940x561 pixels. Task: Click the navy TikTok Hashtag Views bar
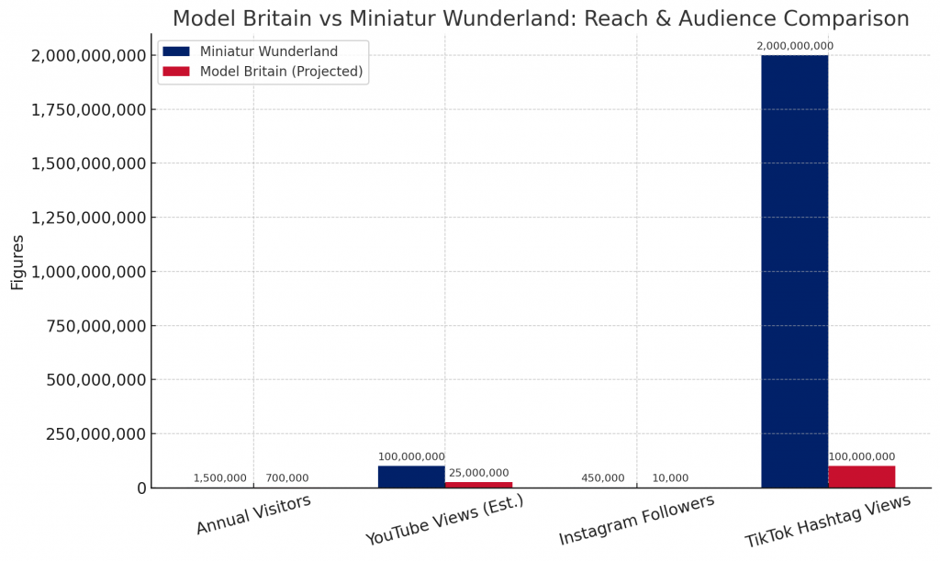click(794, 271)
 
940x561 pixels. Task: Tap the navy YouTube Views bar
click(411, 477)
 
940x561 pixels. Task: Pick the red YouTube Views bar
click(478, 484)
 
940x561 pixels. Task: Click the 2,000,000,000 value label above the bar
click(794, 46)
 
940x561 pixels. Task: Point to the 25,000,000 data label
click(478, 473)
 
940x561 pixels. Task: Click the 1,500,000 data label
click(219, 477)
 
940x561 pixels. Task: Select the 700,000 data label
click(286, 477)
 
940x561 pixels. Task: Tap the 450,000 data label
click(602, 477)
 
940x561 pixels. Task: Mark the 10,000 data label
click(670, 477)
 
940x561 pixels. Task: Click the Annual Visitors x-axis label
click(253, 514)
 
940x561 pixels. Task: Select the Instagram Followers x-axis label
click(636, 520)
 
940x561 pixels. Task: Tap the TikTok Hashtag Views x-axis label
click(827, 521)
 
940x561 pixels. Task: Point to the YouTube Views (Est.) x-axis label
click(444, 521)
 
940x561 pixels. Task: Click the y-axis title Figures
click(17, 262)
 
